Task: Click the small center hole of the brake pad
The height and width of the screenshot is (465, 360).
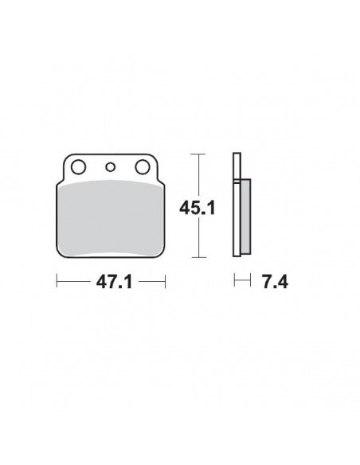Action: click(x=111, y=166)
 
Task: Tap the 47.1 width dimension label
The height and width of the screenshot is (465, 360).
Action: click(x=111, y=282)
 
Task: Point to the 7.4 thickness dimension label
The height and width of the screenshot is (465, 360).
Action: click(x=270, y=282)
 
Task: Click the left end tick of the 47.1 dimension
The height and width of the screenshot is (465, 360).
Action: click(x=57, y=281)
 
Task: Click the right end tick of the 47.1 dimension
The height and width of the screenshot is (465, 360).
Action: click(x=164, y=281)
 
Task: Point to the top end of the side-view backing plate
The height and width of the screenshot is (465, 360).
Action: click(x=237, y=154)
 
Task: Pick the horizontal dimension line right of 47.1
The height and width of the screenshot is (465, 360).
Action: click(x=150, y=281)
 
